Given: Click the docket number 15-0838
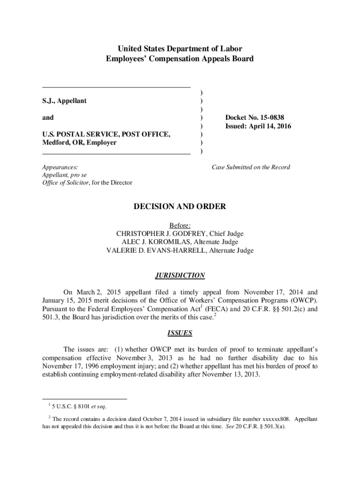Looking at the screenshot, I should point(268,117).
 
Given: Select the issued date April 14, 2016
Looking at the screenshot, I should point(264,126).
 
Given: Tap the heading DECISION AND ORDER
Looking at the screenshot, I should point(180,206).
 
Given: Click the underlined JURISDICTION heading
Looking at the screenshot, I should point(180,276).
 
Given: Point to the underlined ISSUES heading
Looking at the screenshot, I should point(180,334).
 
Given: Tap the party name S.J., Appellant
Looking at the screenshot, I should point(65,101).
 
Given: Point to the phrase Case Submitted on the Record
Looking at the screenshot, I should point(251,167).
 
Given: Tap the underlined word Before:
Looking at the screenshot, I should point(180,225).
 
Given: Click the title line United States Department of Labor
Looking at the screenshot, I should point(180,49).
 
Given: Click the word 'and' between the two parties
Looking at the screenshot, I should point(48,118).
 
